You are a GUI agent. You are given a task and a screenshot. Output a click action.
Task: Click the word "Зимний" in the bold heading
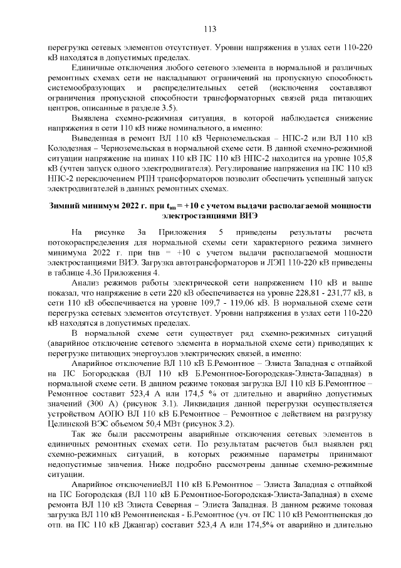66,206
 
